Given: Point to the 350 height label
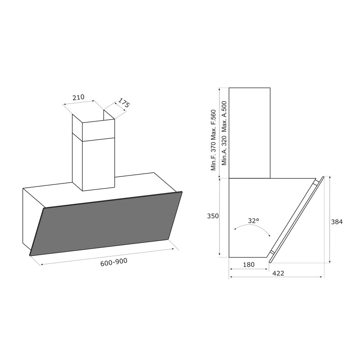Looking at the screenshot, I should click(x=213, y=216).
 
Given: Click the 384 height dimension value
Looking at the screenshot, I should click(x=337, y=222).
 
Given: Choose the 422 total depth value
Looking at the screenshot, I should click(x=278, y=273).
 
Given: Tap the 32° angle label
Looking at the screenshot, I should click(x=253, y=220).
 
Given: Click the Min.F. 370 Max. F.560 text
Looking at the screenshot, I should click(x=214, y=140).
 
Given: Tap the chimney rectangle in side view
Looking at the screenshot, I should click(x=249, y=133).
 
